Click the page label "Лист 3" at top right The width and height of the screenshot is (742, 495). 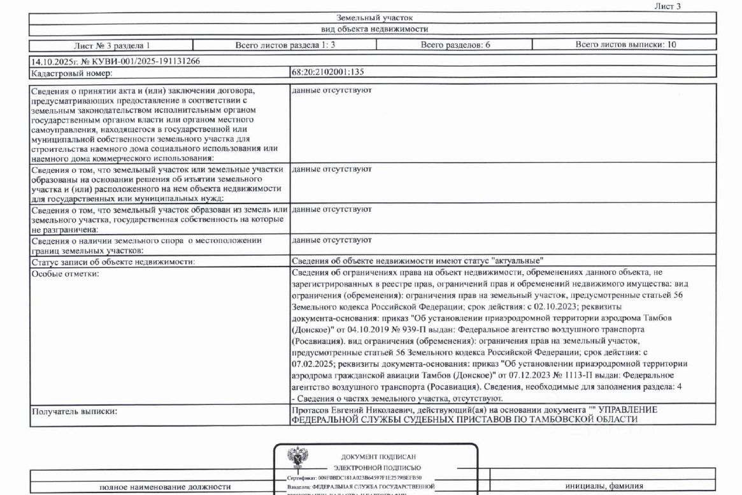pos(668,6)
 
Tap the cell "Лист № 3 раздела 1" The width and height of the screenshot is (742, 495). pos(112,45)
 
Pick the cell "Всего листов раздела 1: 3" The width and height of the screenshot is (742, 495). pos(285,45)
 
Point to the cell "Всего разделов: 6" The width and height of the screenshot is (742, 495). pos(455,45)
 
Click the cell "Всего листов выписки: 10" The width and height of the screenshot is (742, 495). pos(625,45)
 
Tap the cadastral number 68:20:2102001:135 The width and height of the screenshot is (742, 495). pos(328,73)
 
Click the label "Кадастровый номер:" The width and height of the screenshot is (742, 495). pos(67,73)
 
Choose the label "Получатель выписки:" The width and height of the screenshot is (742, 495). pos(74,411)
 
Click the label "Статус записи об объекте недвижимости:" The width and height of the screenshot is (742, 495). pos(113,262)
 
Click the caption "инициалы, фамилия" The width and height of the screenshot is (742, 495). pos(604,486)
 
